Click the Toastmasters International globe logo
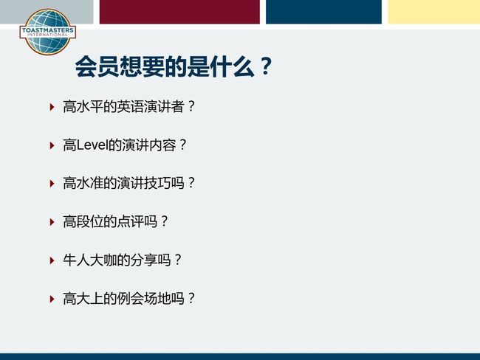point(47,32)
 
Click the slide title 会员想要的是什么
point(165,66)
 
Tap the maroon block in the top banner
point(179,12)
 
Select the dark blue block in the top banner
point(323,12)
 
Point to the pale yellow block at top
point(433,12)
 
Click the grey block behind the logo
point(47,12)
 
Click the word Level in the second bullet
point(92,145)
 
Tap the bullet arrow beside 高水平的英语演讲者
point(52,107)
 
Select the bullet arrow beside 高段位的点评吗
point(52,222)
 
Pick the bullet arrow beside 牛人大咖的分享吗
point(52,260)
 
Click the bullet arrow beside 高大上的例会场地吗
point(52,299)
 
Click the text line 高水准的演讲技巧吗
point(128,183)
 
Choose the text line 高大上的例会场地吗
point(128,299)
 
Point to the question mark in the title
point(266,66)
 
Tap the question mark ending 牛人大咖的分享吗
point(178,260)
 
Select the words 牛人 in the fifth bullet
point(76,260)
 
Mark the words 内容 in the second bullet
point(162,145)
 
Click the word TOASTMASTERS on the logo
point(48,30)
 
